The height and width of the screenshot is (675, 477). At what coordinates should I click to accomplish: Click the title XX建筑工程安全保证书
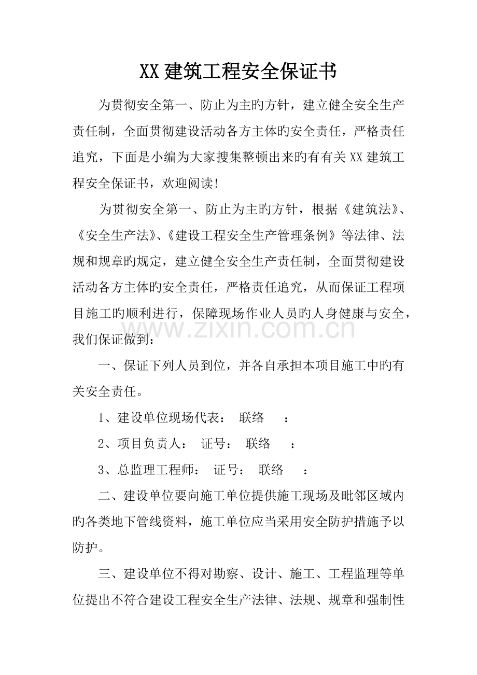(238, 72)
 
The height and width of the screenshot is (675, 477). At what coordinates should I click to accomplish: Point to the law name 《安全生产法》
(117, 235)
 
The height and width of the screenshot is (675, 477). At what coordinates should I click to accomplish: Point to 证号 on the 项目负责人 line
(213, 443)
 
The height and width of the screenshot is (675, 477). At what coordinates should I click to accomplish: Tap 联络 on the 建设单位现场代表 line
(252, 417)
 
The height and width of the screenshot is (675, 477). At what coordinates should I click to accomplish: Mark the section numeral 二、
(110, 496)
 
